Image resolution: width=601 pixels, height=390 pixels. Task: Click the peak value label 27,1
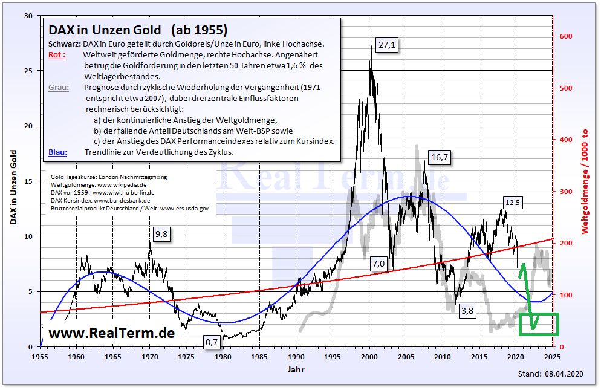pos(387,45)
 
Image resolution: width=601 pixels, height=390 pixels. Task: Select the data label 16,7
pos(440,157)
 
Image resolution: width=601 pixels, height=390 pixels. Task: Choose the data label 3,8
pos(467,311)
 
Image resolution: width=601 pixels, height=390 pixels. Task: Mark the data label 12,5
pos(512,203)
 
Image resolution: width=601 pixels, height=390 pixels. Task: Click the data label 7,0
pos(378,264)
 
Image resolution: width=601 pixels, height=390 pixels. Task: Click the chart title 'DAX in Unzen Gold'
pos(105,30)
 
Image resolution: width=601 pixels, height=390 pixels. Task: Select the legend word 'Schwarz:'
pos(64,44)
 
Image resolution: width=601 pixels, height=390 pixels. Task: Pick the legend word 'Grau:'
pos(59,88)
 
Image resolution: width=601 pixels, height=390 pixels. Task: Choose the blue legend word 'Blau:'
pos(58,152)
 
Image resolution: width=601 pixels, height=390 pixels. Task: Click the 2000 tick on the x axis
pos(369,357)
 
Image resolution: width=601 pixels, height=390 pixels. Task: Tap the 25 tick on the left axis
pos(28,71)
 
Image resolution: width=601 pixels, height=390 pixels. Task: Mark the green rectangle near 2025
pos(539,324)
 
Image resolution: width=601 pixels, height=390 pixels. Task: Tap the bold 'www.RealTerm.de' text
pos(111,333)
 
